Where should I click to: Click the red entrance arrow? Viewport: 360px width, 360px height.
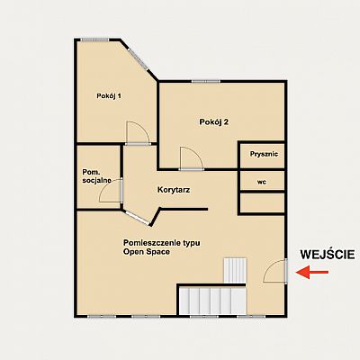pos(312,272)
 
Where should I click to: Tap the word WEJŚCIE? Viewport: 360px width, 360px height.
pos(328,254)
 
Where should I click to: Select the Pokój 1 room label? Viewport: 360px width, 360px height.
pos(109,96)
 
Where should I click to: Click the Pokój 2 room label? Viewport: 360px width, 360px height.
pos(214,122)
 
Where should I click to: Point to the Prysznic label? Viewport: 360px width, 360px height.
pos(264,154)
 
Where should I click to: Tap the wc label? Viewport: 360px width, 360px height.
pos(262,182)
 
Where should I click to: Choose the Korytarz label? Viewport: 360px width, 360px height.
pos(174,190)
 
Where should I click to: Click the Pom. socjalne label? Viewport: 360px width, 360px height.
pos(96,176)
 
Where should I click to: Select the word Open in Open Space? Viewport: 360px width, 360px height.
pos(133,252)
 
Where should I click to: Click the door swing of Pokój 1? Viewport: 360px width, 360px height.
pos(138,132)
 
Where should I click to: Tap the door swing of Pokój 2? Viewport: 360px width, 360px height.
pos(192,157)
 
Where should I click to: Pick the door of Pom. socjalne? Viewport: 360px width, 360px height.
pos(111,191)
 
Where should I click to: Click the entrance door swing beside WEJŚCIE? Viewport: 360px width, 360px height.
pos(274,271)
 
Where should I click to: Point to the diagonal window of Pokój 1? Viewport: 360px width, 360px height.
pos(138,58)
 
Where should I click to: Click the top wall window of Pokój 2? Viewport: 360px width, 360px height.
pos(206,81)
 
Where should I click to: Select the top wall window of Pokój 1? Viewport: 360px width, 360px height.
pos(94,40)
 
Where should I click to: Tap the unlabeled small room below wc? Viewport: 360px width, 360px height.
pos(262,202)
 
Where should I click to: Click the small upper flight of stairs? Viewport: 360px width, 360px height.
pos(235,270)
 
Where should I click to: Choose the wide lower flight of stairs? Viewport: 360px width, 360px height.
pos(212,301)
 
